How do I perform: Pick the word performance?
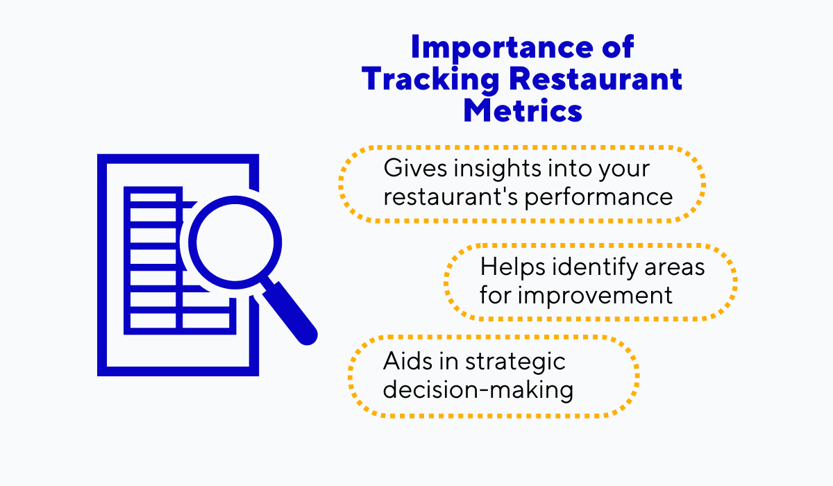point(598,196)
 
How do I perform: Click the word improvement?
point(596,294)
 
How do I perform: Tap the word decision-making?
point(478,389)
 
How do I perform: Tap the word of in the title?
point(614,47)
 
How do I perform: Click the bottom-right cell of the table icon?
point(205,320)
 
